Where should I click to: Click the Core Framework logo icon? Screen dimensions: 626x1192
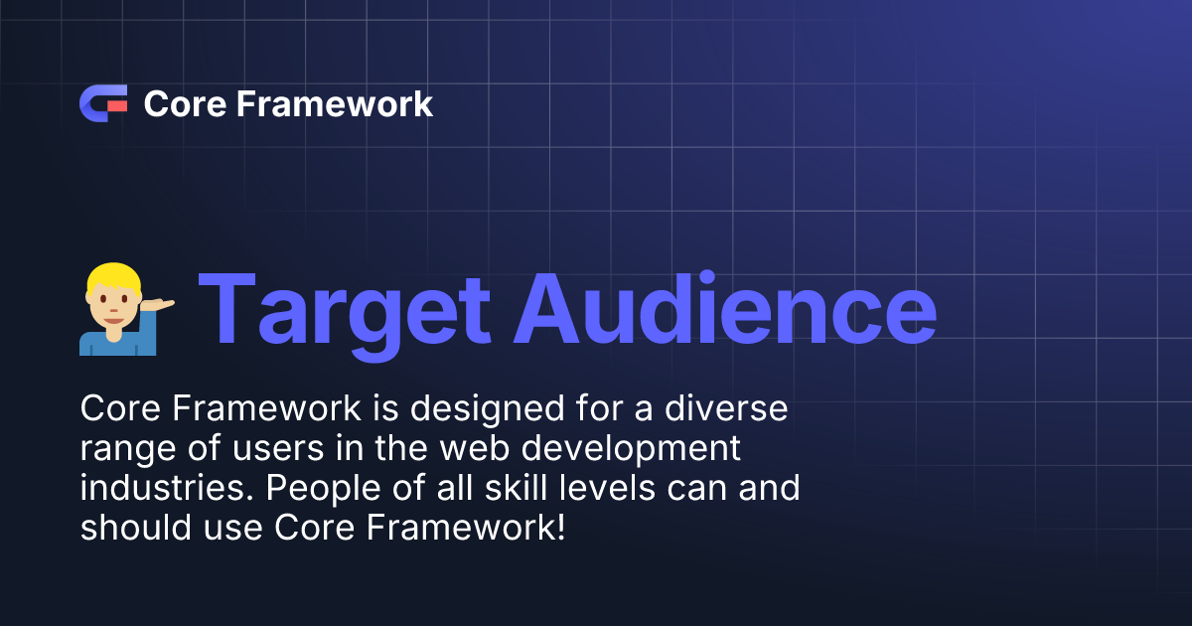click(x=102, y=103)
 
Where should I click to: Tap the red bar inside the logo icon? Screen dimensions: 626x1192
click(x=117, y=103)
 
